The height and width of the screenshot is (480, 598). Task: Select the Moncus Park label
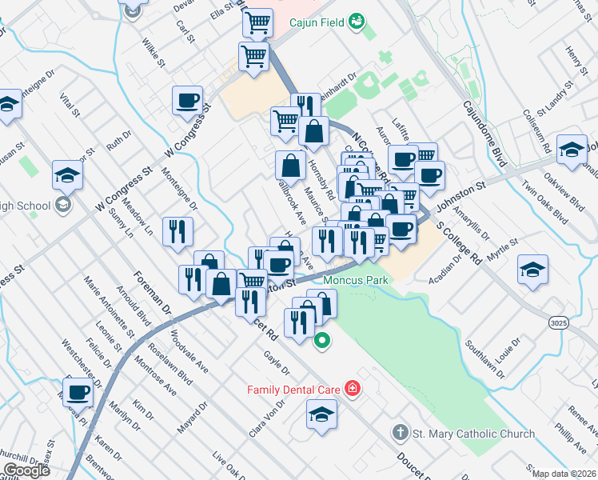356,281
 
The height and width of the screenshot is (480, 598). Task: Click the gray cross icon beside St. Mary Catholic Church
401,434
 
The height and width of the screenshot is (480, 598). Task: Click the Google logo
26,470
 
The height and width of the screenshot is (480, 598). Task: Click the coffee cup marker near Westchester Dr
78,393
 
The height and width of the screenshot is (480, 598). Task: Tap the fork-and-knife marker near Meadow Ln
177,231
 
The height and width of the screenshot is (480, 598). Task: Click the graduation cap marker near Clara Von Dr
321,414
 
